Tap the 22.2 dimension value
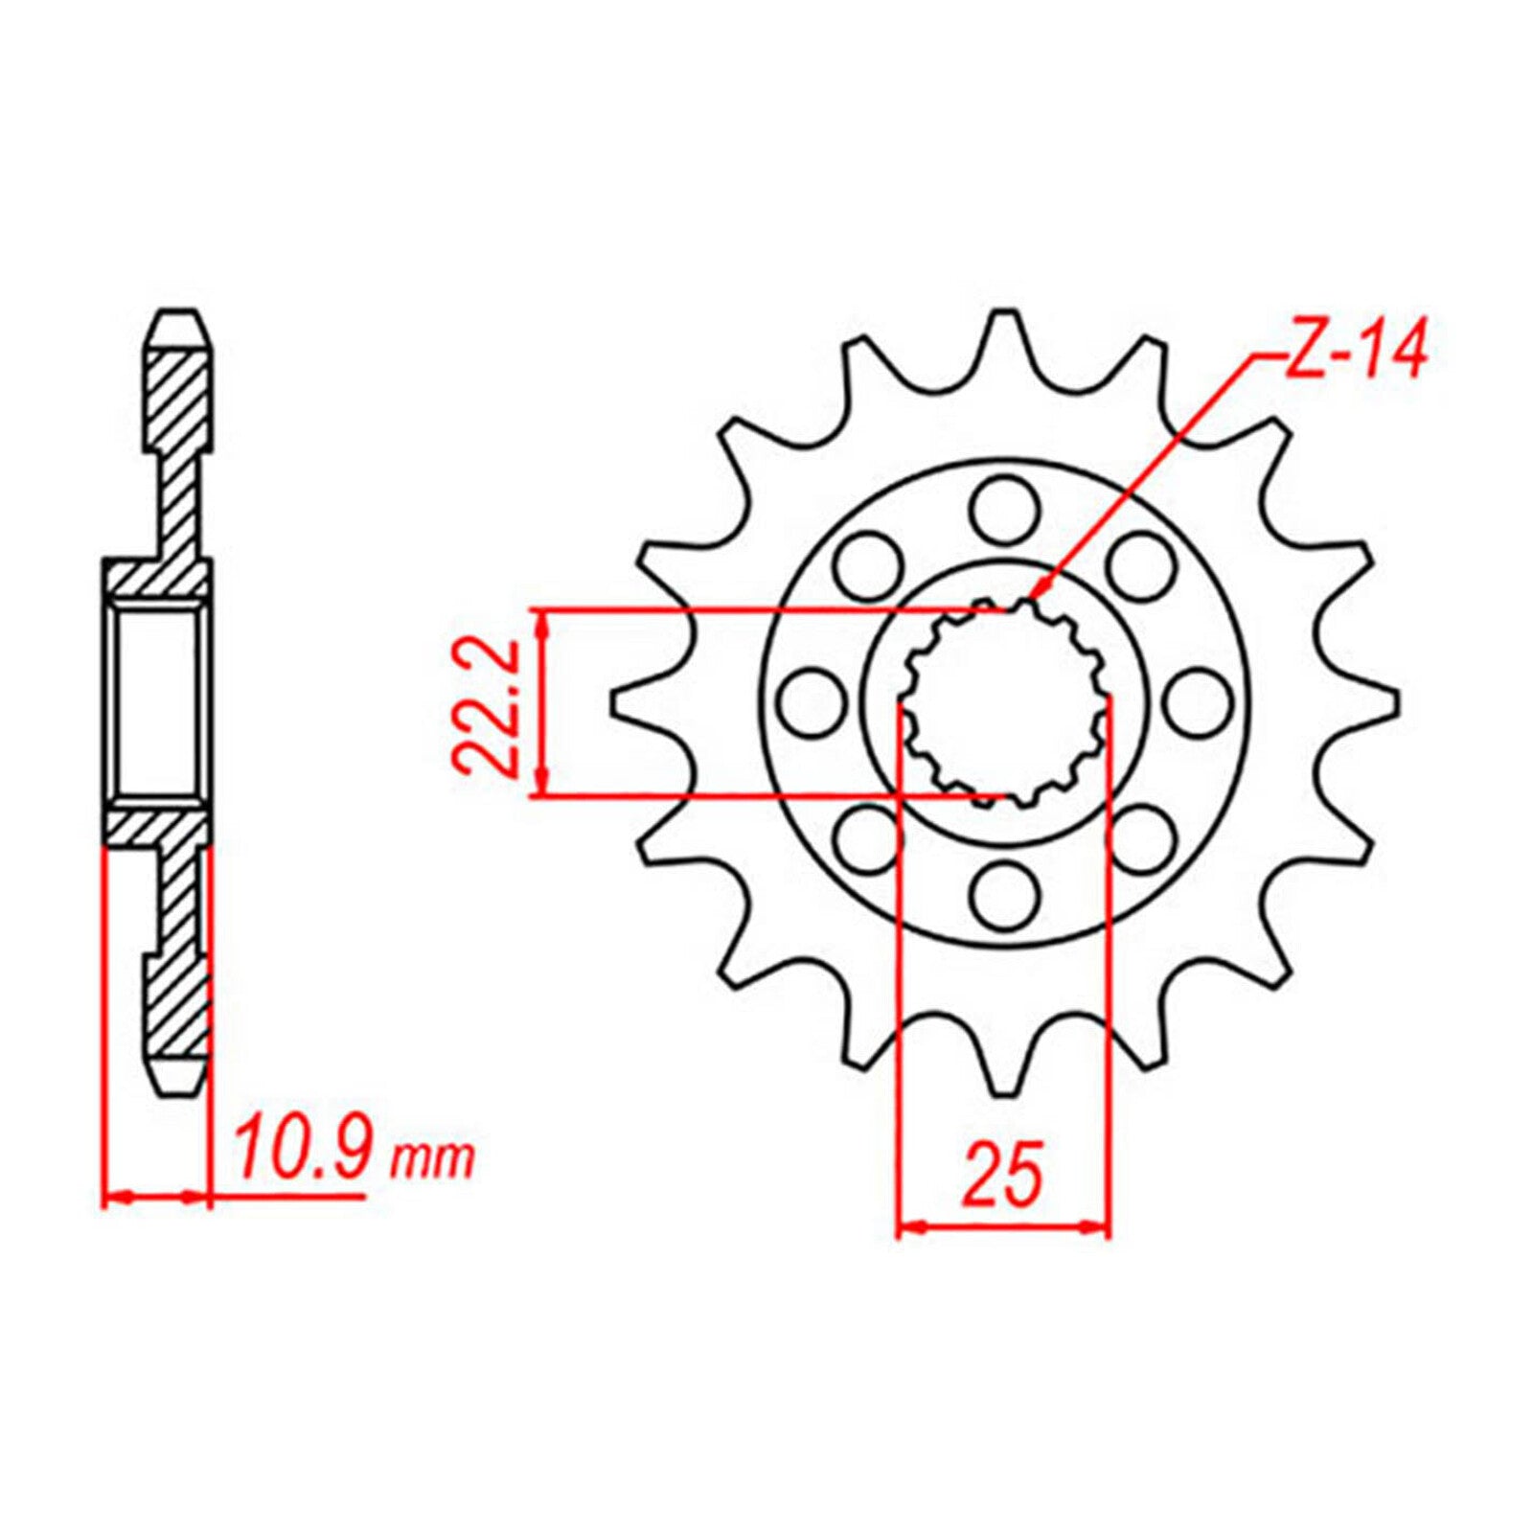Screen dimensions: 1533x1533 click(486, 707)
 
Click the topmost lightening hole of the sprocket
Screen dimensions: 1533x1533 click(1003, 509)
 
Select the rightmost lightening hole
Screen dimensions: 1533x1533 click(1199, 702)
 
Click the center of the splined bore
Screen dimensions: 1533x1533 click(1003, 702)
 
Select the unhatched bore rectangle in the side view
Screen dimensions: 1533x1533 click(158, 701)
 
